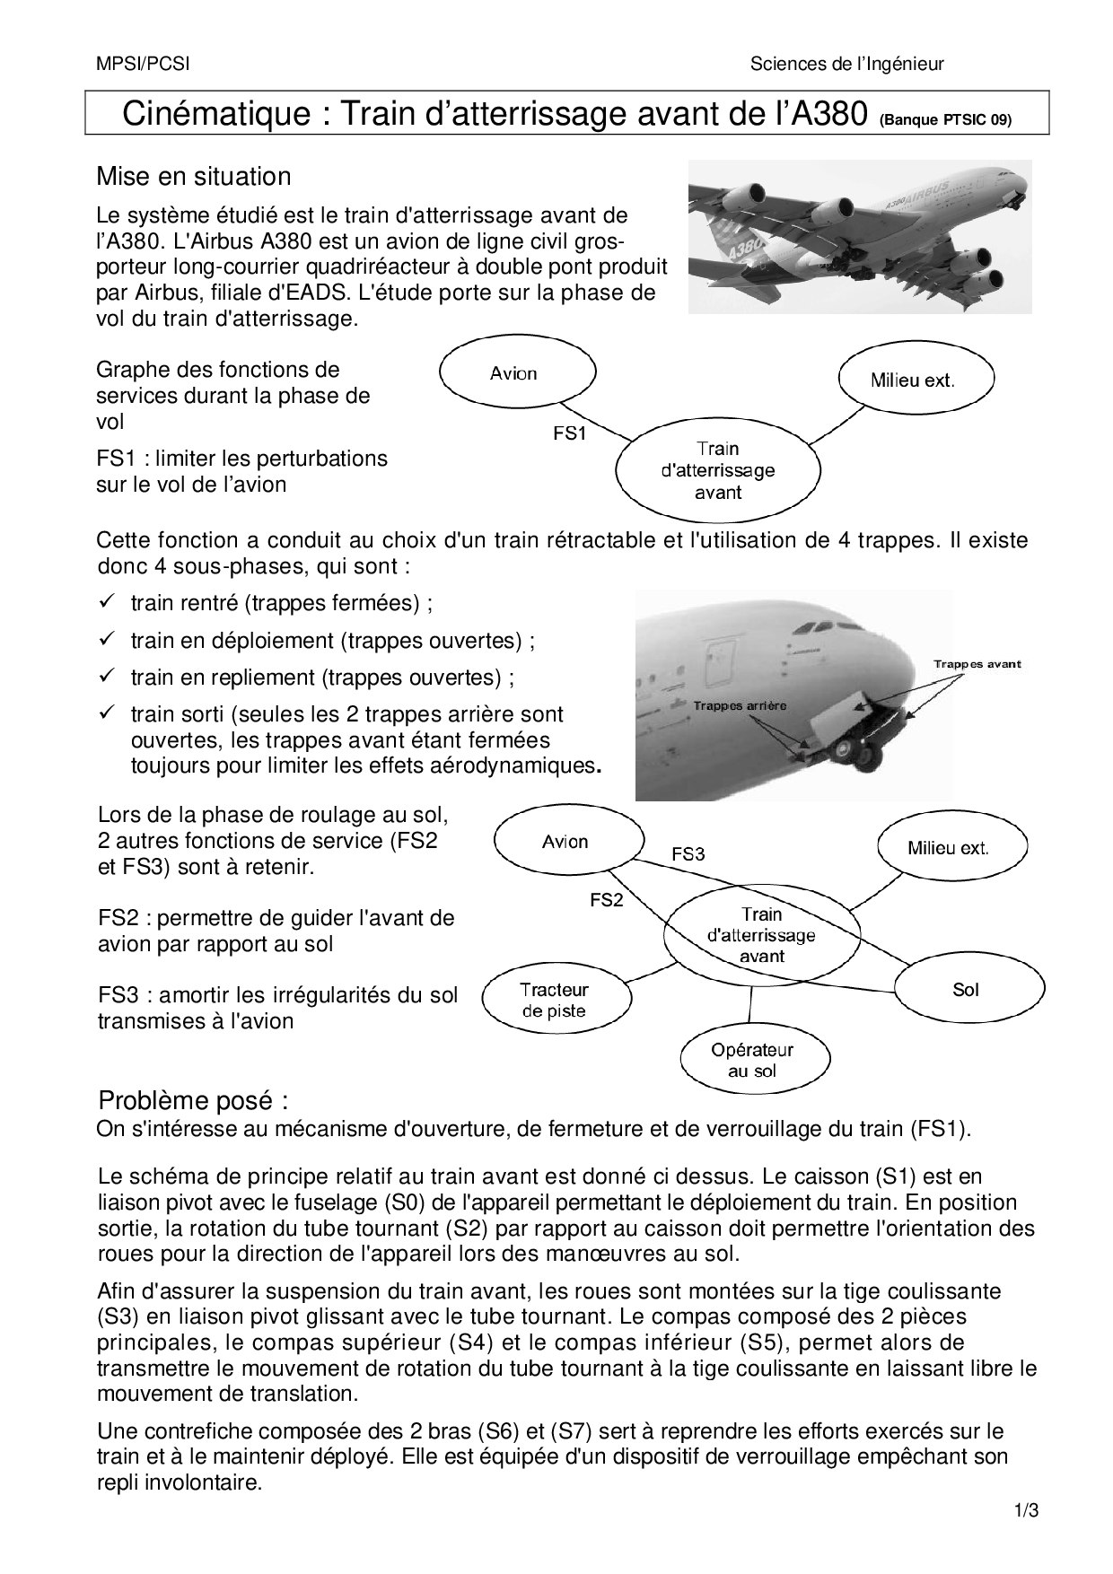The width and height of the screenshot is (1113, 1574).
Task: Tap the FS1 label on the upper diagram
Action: click(x=569, y=433)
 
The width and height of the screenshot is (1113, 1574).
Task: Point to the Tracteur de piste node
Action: click(x=553, y=1001)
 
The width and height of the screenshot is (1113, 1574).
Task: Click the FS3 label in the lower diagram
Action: click(x=688, y=854)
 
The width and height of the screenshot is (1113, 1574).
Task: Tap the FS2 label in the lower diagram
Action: click(x=606, y=900)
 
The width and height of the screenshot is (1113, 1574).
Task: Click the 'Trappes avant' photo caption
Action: click(x=977, y=664)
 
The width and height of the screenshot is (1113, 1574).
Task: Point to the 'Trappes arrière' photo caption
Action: click(x=740, y=705)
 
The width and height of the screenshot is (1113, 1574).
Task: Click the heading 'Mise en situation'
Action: click(x=194, y=176)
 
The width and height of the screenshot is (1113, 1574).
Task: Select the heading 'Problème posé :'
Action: click(x=193, y=1100)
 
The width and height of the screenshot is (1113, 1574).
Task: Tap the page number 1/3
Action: click(x=1026, y=1510)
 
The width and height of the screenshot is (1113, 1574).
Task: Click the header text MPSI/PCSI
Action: click(x=143, y=64)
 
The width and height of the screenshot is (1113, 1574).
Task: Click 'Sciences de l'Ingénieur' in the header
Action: click(x=846, y=64)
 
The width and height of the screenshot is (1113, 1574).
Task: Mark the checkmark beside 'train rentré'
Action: click(x=106, y=601)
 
